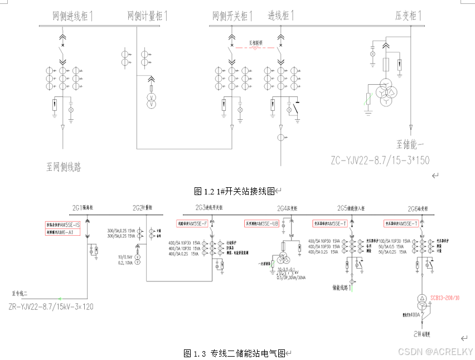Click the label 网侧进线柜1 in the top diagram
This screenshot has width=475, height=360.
[72, 16]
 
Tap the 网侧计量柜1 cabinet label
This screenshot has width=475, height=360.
[147, 16]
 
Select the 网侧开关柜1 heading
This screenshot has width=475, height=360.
[232, 16]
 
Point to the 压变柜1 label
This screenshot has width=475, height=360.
[406, 16]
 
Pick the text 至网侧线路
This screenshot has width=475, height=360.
[64, 166]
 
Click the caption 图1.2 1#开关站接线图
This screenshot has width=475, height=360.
[235, 192]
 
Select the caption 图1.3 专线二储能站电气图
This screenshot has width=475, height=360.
[234, 353]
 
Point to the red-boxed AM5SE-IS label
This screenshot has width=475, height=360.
[63, 225]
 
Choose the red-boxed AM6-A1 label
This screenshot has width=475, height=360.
[63, 232]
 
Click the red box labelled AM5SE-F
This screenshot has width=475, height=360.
[192, 223]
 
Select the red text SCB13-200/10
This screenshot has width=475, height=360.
[444, 298]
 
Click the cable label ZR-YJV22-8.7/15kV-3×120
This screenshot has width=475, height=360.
[51, 306]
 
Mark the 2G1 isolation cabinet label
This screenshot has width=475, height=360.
[84, 208]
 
